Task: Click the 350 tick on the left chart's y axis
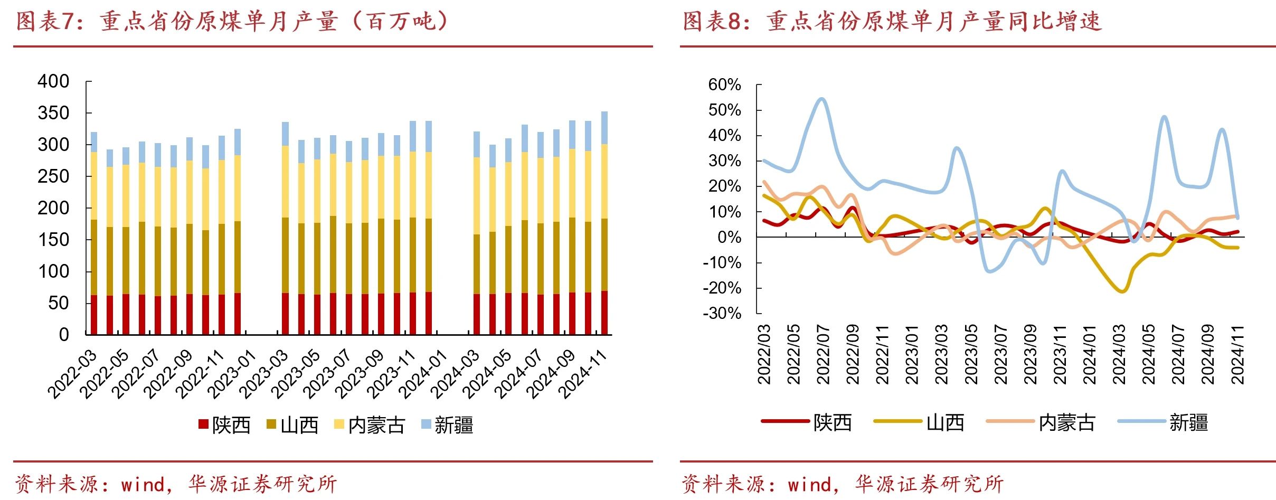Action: click(53, 113)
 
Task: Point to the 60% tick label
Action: click(724, 84)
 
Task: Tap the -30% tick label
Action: click(722, 313)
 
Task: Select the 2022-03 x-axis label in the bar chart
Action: click(73, 374)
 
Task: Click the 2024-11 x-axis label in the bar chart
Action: click(583, 374)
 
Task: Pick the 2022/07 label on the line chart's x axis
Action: click(823, 354)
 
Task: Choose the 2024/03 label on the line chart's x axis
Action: click(1119, 354)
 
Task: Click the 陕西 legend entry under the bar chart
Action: click(224, 425)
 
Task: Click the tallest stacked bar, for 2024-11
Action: click(604, 223)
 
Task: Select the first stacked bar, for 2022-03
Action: click(94, 233)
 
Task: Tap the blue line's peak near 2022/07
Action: click(821, 99)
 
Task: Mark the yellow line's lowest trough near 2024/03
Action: click(1122, 291)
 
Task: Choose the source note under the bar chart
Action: click(176, 484)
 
